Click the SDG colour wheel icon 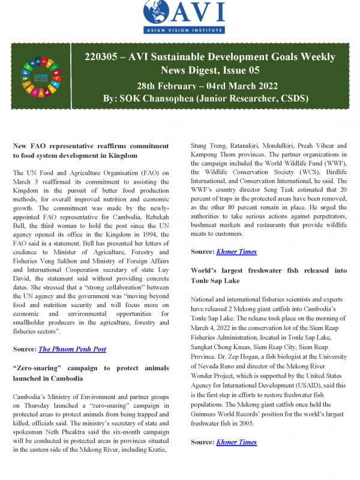(40, 77)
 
